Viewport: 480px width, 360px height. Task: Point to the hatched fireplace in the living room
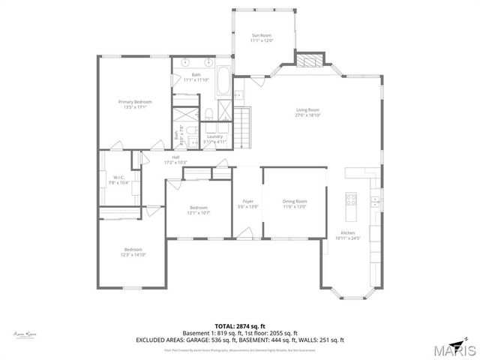(309, 60)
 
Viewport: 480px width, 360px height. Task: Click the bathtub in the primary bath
(224, 81)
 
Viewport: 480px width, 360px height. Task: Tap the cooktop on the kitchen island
(350, 199)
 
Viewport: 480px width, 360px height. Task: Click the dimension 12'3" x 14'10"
(132, 255)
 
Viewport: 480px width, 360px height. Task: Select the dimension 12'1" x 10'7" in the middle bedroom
(199, 212)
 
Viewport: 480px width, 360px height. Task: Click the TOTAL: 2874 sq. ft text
(239, 325)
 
